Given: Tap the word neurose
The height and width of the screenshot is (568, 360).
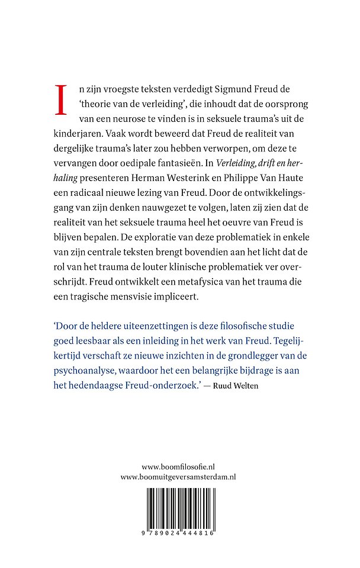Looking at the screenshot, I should [x=126, y=120].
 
